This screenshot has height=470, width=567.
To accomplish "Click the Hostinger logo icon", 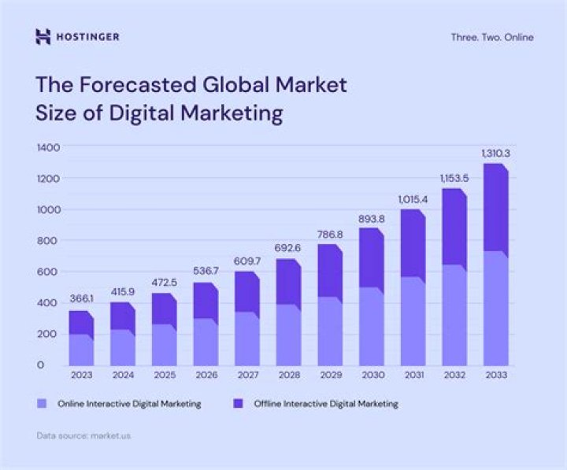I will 43,36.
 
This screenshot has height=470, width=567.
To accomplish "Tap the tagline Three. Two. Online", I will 491,37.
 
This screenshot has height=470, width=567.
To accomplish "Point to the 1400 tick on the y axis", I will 48,147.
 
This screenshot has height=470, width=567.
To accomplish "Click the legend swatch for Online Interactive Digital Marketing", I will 43,404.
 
